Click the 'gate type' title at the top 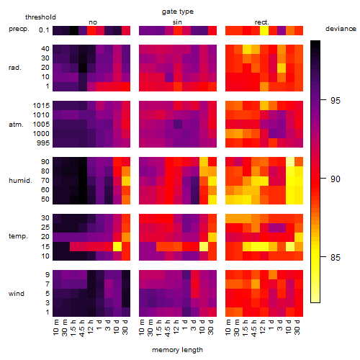pyautogui.click(x=178, y=12)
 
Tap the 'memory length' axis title pyautogui.click(x=177, y=350)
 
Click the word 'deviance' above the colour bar pyautogui.click(x=341, y=29)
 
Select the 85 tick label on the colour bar pyautogui.click(x=336, y=258)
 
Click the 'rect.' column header pyautogui.click(x=262, y=22)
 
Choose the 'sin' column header pyautogui.click(x=177, y=22)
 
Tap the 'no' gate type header pyautogui.click(x=93, y=22)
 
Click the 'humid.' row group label pyautogui.click(x=20, y=181)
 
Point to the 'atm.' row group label pyautogui.click(x=16, y=125)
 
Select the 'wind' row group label pyautogui.click(x=17, y=294)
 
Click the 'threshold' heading pyautogui.click(x=40, y=17)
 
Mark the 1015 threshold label pyautogui.click(x=41, y=106)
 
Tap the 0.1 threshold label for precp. pyautogui.click(x=44, y=30)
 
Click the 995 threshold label pyautogui.click(x=43, y=143)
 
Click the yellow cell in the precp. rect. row pyautogui.click(x=264, y=30)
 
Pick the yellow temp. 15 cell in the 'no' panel pyautogui.click(x=117, y=246)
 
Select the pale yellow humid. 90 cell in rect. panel pyautogui.click(x=290, y=162)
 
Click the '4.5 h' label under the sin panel pyautogui.click(x=168, y=328)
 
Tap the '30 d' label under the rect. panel pyautogui.click(x=297, y=327)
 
